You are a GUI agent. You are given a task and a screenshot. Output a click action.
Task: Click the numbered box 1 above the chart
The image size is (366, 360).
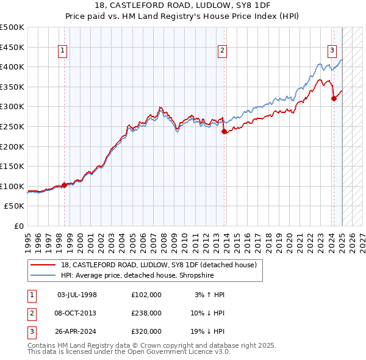pos(63,51)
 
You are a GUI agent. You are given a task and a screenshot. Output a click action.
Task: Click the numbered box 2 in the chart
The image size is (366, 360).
pos(223,51)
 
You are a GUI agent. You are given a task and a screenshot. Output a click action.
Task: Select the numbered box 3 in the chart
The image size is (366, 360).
pos(332,51)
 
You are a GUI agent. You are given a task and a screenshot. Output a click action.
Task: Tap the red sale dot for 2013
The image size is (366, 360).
pos(224,131)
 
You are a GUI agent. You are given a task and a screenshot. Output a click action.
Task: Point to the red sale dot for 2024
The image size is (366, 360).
pos(334,98)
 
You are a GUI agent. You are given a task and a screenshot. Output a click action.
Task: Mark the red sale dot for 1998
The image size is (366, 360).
pos(64,185)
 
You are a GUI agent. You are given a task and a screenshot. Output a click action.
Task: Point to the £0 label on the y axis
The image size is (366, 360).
pos(20,226)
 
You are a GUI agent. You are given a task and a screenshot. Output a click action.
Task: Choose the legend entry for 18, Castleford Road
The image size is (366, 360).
pos(162,264)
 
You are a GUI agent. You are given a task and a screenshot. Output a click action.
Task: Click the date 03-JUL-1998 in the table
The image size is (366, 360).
pos(77,295)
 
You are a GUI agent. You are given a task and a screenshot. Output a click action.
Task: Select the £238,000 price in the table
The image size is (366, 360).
pos(146,313)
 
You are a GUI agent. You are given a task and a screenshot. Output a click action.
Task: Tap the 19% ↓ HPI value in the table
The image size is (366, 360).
pos(207,331)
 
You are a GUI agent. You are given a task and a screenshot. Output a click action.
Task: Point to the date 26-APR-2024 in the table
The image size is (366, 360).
pos(77,331)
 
